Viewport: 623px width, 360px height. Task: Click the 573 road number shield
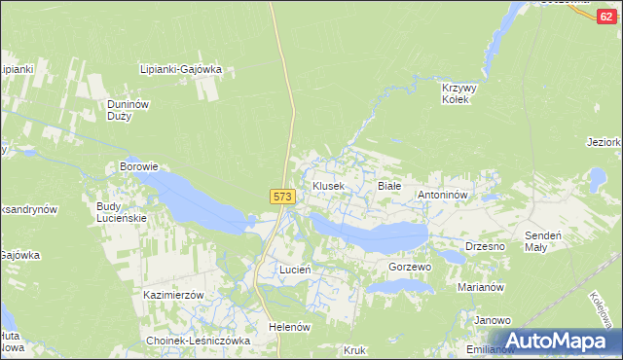coord(281,197)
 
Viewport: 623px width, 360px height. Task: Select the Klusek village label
coord(328,185)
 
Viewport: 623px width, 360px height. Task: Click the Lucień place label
coord(294,269)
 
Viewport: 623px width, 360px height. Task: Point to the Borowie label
coord(138,166)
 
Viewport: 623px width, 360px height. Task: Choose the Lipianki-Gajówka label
coord(181,69)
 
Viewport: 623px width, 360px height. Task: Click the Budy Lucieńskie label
coord(121,212)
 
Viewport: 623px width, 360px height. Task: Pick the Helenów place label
coord(289,327)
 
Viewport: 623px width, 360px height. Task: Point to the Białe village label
coord(388,185)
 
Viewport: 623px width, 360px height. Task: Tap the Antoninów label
coord(444,195)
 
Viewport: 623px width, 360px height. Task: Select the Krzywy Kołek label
coord(455,92)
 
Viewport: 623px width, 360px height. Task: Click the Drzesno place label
coord(485,246)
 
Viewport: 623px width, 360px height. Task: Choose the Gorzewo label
coord(409,267)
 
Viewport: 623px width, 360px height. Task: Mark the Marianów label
coord(480,287)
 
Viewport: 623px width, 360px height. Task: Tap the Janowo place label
coord(493,320)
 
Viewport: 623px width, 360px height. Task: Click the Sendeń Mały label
coord(548,241)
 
